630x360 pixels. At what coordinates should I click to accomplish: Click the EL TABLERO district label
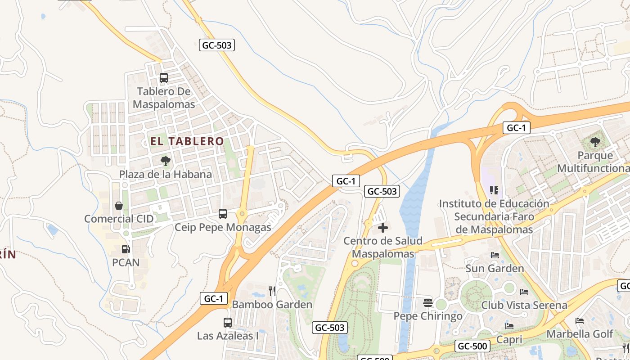click(x=187, y=141)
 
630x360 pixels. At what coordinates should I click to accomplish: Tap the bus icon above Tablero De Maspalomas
click(x=164, y=78)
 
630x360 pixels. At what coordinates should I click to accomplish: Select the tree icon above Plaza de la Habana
click(x=165, y=161)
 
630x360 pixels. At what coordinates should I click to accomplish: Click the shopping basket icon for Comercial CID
click(x=119, y=206)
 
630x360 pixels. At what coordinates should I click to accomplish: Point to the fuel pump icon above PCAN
click(x=126, y=249)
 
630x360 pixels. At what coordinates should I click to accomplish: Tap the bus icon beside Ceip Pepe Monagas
click(x=223, y=214)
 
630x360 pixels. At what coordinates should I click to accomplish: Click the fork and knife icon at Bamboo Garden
click(x=272, y=291)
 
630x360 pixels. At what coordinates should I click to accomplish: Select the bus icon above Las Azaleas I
click(x=228, y=323)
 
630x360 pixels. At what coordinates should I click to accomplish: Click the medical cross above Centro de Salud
click(x=383, y=228)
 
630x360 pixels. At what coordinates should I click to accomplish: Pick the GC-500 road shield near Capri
click(x=472, y=346)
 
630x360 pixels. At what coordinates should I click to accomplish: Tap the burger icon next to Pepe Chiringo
click(x=427, y=303)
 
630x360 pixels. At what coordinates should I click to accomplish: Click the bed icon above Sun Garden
click(x=495, y=255)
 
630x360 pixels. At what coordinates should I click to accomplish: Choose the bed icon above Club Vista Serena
click(x=524, y=292)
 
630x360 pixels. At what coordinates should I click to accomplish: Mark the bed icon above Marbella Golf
click(x=580, y=321)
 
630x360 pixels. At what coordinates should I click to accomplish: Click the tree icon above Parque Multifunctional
click(x=595, y=142)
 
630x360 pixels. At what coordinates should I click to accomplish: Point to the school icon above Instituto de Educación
click(x=494, y=190)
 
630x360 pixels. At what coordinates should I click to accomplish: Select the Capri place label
click(x=509, y=339)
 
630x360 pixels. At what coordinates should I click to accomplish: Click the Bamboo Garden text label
click(x=272, y=305)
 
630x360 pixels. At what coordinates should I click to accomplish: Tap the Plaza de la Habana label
click(x=165, y=174)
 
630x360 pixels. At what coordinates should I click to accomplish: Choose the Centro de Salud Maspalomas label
click(x=383, y=247)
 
